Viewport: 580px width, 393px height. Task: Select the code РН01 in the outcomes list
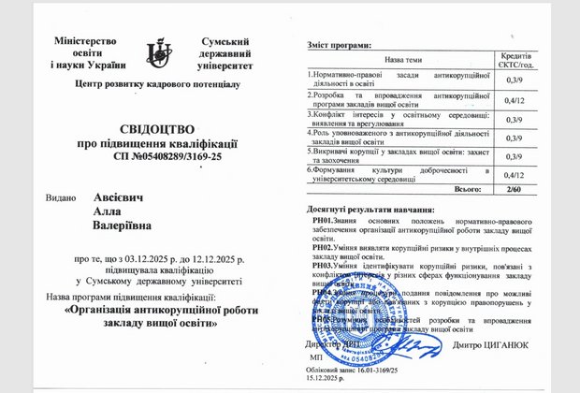[324, 220]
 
